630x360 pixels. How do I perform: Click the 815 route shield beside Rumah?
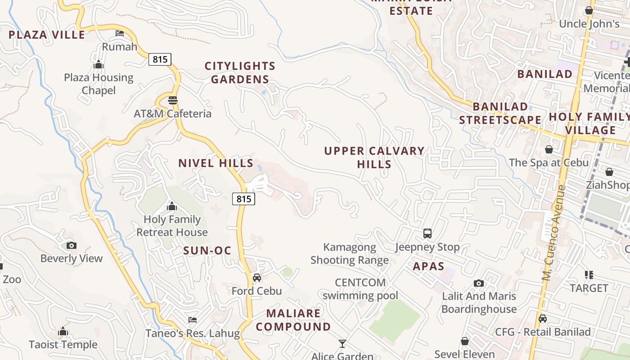pos(160,59)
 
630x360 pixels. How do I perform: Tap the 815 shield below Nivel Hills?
pos(244,198)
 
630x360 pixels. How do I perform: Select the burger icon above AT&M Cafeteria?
pos(173,100)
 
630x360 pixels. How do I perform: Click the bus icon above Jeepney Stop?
pos(427,234)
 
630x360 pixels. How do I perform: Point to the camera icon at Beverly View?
pos(71,245)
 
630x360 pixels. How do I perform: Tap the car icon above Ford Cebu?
pos(257,278)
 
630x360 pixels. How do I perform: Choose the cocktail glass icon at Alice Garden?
pos(342,344)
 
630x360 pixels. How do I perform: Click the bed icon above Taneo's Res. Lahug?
pos(193,320)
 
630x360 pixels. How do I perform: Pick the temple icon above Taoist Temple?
pos(63,332)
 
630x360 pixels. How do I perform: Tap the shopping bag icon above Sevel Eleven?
pos(465,342)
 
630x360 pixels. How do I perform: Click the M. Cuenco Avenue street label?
pos(553,233)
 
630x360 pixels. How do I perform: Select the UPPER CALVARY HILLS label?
pos(374,157)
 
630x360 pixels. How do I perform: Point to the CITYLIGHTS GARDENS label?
pos(240,72)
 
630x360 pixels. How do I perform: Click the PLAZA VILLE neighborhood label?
pos(47,35)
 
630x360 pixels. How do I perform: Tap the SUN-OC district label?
pos(207,251)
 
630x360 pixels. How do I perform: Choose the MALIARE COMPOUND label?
pos(293,320)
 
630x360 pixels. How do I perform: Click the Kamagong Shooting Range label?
pos(350,254)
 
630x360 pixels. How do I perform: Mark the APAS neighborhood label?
pos(428,266)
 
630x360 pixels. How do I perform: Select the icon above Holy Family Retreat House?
pos(171,207)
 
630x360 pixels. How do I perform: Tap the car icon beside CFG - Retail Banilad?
pos(543,319)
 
